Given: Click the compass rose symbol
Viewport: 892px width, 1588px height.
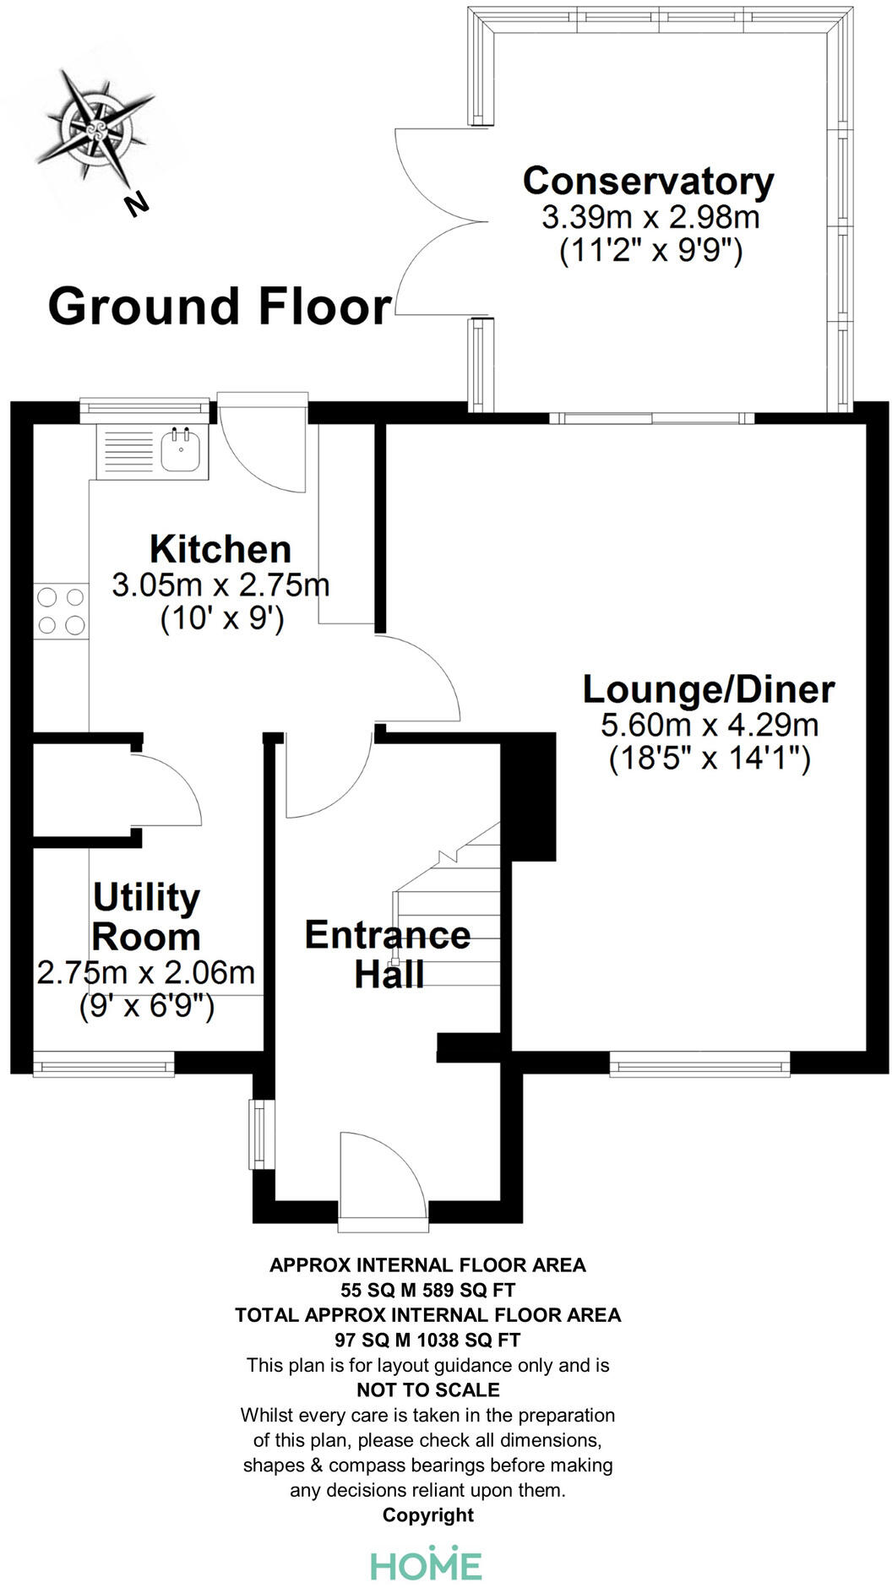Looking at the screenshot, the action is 95,128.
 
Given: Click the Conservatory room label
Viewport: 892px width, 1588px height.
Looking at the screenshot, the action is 648,181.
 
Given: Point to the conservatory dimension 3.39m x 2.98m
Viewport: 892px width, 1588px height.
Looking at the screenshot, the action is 650,217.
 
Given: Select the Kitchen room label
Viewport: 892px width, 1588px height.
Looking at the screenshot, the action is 220,549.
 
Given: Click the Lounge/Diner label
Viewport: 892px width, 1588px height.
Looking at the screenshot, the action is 709,689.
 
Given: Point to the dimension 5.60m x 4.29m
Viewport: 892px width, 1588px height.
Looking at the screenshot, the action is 710,725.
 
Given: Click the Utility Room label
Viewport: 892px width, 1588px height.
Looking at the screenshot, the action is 146,916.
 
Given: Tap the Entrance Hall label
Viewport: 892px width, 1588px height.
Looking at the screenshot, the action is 388,954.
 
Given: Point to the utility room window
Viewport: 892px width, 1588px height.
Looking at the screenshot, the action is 104,1063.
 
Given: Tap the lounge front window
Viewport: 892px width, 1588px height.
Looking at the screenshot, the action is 700,1063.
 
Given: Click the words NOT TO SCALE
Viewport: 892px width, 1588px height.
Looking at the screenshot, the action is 428,1389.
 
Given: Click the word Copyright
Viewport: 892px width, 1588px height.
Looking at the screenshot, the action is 428,1515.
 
